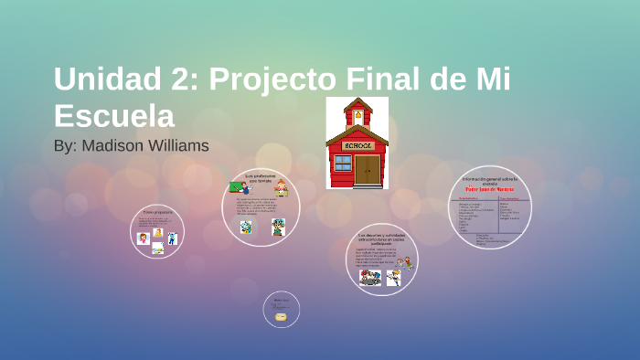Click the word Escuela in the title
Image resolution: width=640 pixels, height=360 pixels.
[x=113, y=115]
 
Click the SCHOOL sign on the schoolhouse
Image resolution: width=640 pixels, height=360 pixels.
[x=357, y=144]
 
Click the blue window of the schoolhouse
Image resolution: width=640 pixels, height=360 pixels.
[x=343, y=164]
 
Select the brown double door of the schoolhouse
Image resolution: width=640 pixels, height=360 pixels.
[x=368, y=169]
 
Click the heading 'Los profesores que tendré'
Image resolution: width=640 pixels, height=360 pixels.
[x=260, y=177]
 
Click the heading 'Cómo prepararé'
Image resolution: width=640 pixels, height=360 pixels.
[x=157, y=211]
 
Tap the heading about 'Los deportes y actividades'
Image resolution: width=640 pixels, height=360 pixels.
[x=381, y=238]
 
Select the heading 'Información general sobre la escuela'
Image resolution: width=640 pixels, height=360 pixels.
[x=490, y=179]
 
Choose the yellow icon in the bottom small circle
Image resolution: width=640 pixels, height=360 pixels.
[x=281, y=316]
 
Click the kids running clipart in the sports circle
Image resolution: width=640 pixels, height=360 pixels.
[x=370, y=277]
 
